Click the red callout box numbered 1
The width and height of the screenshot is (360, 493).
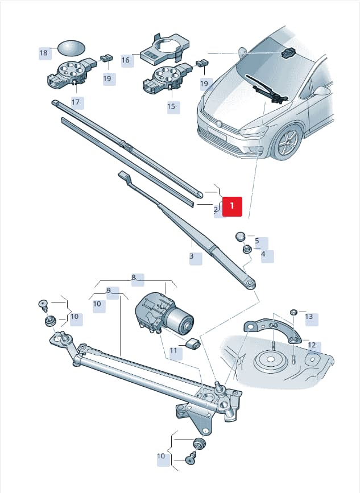(232, 206)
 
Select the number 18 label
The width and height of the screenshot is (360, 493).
(44, 53)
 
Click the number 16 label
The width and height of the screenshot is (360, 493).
(126, 60)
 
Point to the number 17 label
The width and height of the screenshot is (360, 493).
(76, 102)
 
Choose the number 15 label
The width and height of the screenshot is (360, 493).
(171, 106)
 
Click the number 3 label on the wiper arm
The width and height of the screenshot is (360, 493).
(192, 256)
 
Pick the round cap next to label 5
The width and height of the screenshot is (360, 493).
(241, 236)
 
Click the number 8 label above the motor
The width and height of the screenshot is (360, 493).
(134, 277)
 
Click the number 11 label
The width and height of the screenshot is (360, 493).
(174, 350)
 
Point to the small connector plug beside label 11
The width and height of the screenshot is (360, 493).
(193, 343)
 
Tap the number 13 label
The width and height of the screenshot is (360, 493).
(309, 316)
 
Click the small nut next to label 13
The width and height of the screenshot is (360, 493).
(293, 312)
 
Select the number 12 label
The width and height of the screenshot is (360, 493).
(312, 345)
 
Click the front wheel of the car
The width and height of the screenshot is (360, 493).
(287, 142)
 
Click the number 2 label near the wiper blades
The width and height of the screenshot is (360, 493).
(216, 210)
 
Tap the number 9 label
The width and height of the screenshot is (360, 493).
(109, 290)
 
